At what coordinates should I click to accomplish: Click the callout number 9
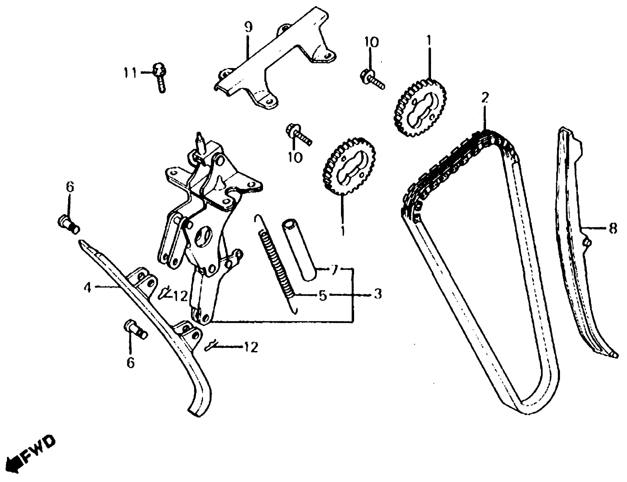pyautogui.click(x=249, y=28)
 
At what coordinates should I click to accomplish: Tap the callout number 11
pyautogui.click(x=131, y=73)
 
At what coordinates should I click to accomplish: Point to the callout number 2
pyautogui.click(x=485, y=98)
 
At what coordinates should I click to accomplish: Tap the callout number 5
pyautogui.click(x=323, y=295)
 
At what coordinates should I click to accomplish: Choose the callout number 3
pyautogui.click(x=378, y=294)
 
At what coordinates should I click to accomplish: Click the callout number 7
pyautogui.click(x=334, y=270)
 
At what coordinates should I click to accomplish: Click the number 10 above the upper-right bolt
pyautogui.click(x=371, y=43)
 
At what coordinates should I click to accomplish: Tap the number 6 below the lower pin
pyautogui.click(x=130, y=363)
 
